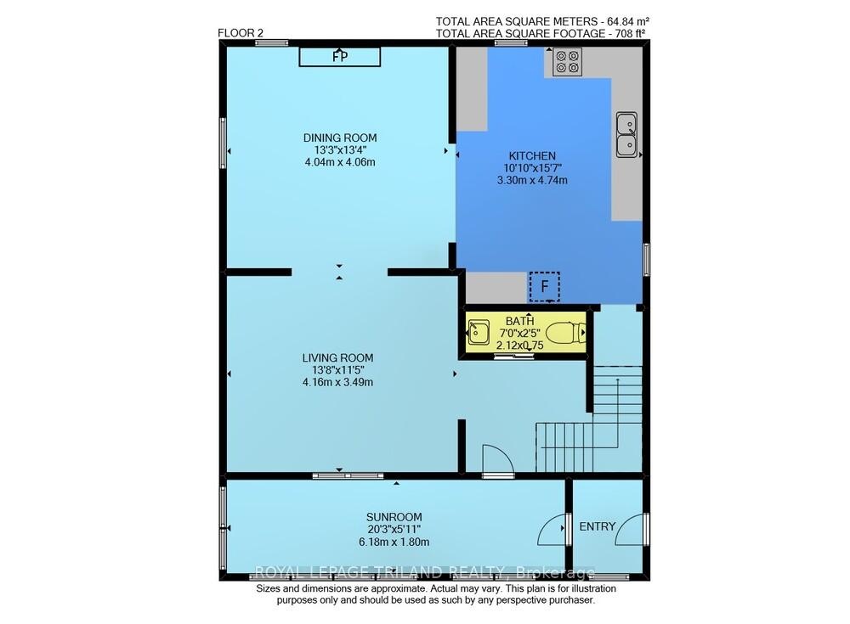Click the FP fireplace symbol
tap(340, 56)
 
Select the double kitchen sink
tap(626, 135)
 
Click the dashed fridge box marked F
tap(544, 287)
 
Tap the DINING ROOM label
tap(340, 138)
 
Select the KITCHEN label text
tap(532, 155)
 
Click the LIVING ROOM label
tap(337, 357)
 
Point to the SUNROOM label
tap(394, 517)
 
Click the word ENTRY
tap(598, 526)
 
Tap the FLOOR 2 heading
tap(236, 33)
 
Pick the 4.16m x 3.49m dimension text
tap(337, 382)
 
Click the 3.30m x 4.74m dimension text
tap(532, 180)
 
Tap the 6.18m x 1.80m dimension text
tap(394, 542)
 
